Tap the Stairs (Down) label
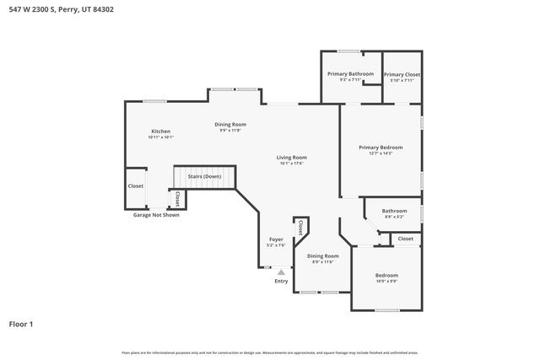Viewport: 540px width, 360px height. pyautogui.click(x=205, y=176)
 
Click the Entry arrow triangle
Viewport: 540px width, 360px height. pyautogui.click(x=281, y=272)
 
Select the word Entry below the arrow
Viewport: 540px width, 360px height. pyautogui.click(x=281, y=281)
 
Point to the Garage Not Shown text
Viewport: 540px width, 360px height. pyautogui.click(x=156, y=215)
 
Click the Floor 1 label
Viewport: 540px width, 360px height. pyautogui.click(x=21, y=323)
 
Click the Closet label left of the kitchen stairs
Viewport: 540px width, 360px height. pyautogui.click(x=136, y=185)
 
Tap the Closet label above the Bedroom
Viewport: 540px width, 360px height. pyautogui.click(x=406, y=239)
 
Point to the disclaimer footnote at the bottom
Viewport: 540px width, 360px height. pyautogui.click(x=270, y=352)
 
